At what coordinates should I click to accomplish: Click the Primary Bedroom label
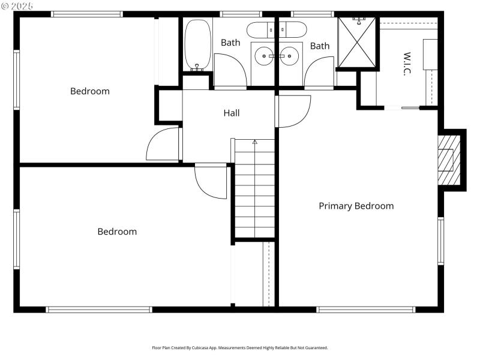coord(356,206)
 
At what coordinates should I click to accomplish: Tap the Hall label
coord(232,113)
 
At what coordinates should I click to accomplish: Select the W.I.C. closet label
coord(406,64)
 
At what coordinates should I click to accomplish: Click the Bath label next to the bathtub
coord(230,43)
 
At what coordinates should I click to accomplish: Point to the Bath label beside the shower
coord(320,46)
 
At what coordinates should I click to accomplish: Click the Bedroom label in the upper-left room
coord(90,91)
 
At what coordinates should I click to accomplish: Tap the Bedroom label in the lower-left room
coord(117,232)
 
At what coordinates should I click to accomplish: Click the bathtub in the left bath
coord(197,44)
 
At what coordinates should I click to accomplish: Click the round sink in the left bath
coord(263,56)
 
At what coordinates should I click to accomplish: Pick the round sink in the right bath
coord(289,56)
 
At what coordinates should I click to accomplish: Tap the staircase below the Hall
coord(254,192)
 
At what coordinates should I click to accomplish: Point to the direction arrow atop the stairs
coord(254,142)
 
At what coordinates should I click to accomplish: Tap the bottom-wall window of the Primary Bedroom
coord(365,310)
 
